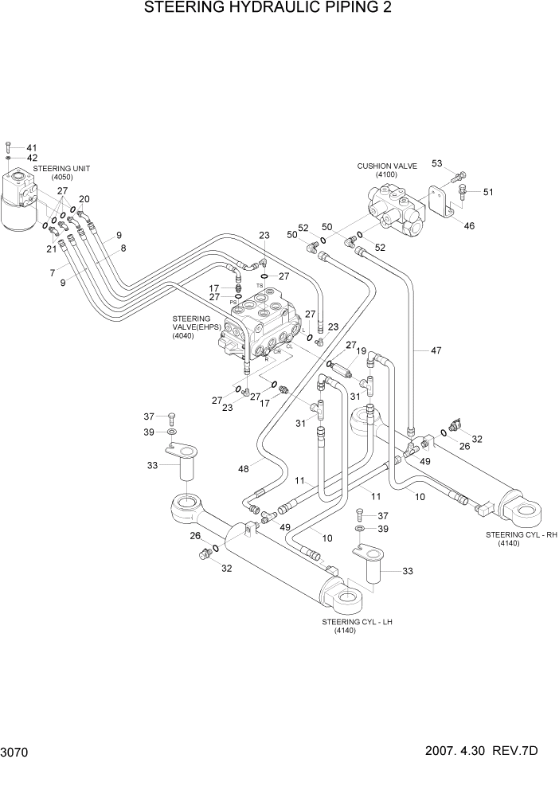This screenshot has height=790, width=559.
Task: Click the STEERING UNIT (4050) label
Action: click(x=62, y=173)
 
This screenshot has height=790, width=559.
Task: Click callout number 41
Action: click(x=32, y=148)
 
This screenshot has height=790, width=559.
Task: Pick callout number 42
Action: click(x=32, y=158)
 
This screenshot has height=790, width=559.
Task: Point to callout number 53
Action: click(x=436, y=163)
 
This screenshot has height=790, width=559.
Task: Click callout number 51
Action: click(x=488, y=191)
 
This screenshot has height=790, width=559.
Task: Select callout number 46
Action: click(x=469, y=226)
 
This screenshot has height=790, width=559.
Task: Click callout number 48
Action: click(x=243, y=468)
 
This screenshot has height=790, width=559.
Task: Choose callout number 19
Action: click(x=360, y=350)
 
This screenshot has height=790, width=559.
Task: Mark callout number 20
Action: click(x=84, y=199)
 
